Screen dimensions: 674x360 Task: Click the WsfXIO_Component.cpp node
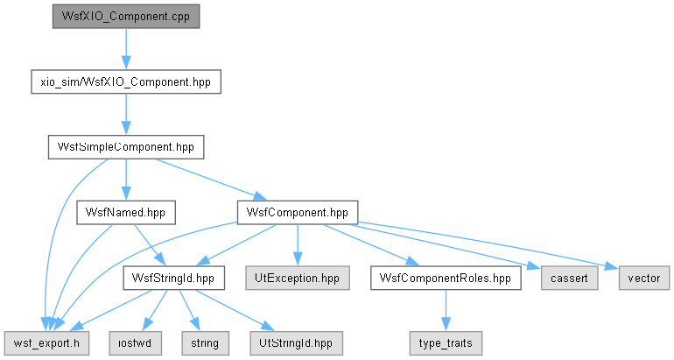pyautogui.click(x=126, y=17)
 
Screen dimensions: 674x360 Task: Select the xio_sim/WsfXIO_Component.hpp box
pyautogui.click(x=126, y=81)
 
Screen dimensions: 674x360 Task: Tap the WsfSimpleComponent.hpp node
pyautogui.click(x=126, y=147)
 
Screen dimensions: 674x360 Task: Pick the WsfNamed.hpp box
pyautogui.click(x=126, y=213)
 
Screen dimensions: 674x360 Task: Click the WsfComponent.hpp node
pyautogui.click(x=298, y=213)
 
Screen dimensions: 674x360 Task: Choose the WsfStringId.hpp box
pyautogui.click(x=173, y=278)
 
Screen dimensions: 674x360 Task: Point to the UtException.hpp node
pyautogui.click(x=298, y=278)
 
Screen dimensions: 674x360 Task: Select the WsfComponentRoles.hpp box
pyautogui.click(x=446, y=278)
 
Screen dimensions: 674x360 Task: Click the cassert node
pyautogui.click(x=570, y=278)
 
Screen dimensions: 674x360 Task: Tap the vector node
pyautogui.click(x=644, y=278)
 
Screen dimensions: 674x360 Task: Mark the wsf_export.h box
pyautogui.click(x=47, y=343)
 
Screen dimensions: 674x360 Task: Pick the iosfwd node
pyautogui.click(x=136, y=343)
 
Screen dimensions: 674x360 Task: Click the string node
pyautogui.click(x=205, y=343)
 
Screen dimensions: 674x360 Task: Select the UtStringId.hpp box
pyautogui.click(x=296, y=343)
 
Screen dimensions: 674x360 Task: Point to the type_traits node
pyautogui.click(x=446, y=343)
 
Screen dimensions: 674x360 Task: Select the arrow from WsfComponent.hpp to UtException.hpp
pyautogui.click(x=298, y=245)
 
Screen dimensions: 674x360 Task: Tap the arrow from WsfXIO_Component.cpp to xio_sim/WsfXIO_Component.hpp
pyautogui.click(x=126, y=49)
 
